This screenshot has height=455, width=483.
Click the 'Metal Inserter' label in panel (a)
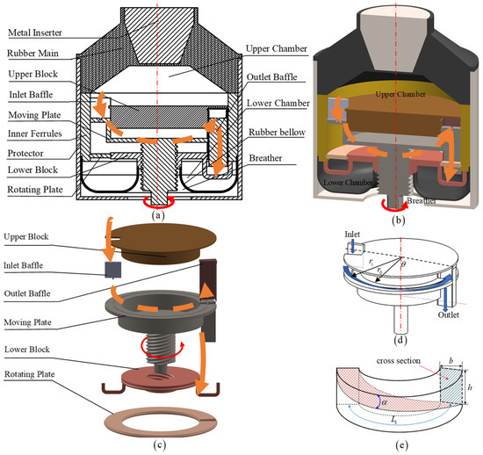35,32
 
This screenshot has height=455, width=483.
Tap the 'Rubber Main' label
32,54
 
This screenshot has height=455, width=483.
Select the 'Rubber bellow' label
277,132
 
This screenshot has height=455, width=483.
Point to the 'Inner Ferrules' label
35,134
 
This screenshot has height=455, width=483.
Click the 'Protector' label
25,154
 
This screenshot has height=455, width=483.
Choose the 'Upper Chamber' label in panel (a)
277,48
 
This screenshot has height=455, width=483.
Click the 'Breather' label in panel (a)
265,158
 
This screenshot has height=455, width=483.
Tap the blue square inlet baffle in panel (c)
112,270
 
